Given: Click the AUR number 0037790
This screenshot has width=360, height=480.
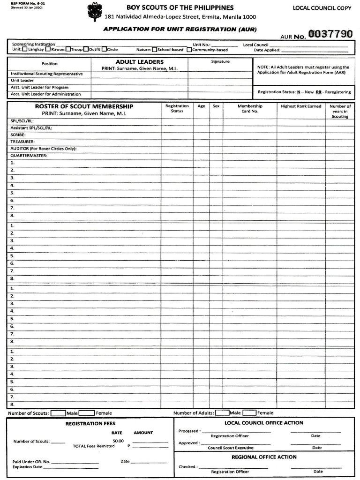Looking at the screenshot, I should point(330,35).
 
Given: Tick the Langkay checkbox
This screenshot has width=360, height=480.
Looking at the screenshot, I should point(25,49).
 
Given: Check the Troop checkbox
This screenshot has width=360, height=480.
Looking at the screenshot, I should point(68,49).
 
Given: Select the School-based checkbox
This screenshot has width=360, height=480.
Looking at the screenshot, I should point(154,50).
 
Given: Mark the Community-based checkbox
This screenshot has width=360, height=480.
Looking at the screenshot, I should point(189,50).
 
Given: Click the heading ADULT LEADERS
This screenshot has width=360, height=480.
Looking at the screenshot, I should point(140,62).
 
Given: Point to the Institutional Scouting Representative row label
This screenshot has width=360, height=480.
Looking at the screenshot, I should point(47,74).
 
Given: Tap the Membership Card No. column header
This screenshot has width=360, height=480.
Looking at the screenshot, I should point(250,109).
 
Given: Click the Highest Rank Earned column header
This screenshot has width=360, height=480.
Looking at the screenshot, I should point(301,106).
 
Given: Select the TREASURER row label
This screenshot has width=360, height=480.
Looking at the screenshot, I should point(22,142).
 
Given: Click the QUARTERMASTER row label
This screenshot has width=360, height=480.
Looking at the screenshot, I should point(29,156).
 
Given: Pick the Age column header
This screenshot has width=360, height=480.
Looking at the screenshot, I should point(202,106).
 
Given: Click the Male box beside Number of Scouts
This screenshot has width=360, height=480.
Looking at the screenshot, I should point(58,413).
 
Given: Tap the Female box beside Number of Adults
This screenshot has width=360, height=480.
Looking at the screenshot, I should point(249,413).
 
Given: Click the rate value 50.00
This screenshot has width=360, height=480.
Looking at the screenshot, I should point(118,441).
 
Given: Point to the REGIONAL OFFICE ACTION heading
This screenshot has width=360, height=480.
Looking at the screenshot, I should point(264,457).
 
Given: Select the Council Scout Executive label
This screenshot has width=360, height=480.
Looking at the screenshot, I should point(231,448).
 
